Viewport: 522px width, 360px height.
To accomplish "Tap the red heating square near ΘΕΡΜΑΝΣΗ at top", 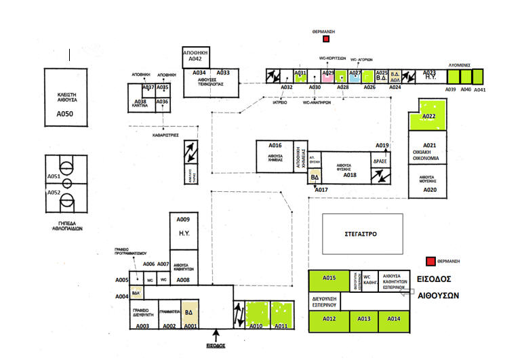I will (x=326, y=40).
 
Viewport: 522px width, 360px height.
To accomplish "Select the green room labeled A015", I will (x=329, y=281).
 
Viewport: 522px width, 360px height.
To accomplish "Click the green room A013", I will (x=363, y=319).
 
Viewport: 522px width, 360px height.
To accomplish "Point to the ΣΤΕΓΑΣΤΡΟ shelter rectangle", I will (x=361, y=235).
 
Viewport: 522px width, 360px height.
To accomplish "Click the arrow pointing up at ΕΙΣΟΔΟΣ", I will (x=216, y=334).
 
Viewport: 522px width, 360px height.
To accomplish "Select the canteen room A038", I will (x=141, y=102).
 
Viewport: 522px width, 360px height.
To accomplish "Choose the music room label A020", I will (x=430, y=190).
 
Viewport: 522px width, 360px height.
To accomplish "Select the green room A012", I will (x=329, y=319).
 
